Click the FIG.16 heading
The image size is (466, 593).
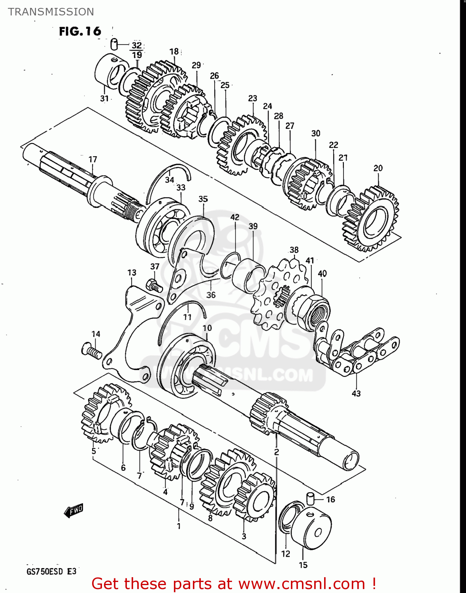pyautogui.click(x=80, y=31)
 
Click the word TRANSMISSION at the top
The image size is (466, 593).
pyautogui.click(x=51, y=12)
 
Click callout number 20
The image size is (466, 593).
pyautogui.click(x=378, y=168)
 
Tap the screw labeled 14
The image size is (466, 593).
pyautogui.click(x=92, y=351)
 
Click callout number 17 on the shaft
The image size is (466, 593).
pyautogui.click(x=92, y=159)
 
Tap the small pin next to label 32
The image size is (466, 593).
pyautogui.click(x=114, y=43)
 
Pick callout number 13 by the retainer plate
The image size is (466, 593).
pyautogui.click(x=132, y=273)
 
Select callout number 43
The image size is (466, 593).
pyautogui.click(x=356, y=393)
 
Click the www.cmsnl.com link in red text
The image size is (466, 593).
pyautogui.click(x=302, y=584)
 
